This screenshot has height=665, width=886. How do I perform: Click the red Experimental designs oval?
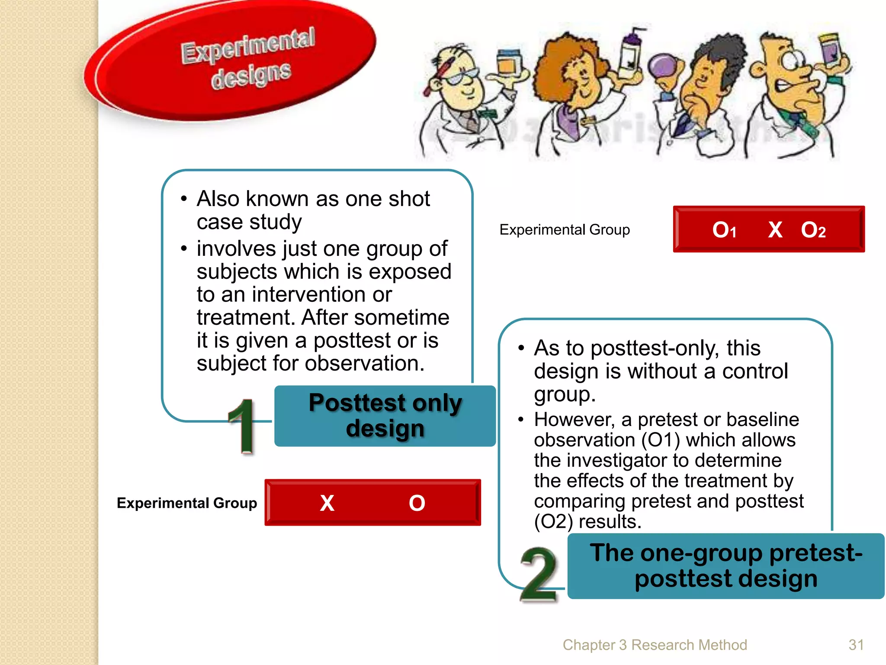[x=234, y=61]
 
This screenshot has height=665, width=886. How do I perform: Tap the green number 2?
[x=539, y=574]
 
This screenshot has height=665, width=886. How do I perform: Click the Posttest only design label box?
[x=385, y=416]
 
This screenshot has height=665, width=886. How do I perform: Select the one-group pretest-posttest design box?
[x=725, y=566]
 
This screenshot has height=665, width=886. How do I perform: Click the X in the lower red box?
[x=327, y=503]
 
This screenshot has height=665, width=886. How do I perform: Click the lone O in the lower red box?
[x=417, y=503]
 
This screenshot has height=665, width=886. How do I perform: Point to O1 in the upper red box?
[x=724, y=230]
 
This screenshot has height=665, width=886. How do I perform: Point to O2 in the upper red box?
[x=813, y=230]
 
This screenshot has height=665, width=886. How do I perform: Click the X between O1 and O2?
[x=775, y=230]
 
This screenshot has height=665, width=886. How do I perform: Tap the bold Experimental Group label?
[x=187, y=503]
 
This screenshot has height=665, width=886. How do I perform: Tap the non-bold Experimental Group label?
[x=565, y=229]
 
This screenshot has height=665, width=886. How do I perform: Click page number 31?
[x=856, y=645]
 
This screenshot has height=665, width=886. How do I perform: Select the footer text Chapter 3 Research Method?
[x=655, y=645]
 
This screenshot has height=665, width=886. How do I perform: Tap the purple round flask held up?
[x=664, y=67]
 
